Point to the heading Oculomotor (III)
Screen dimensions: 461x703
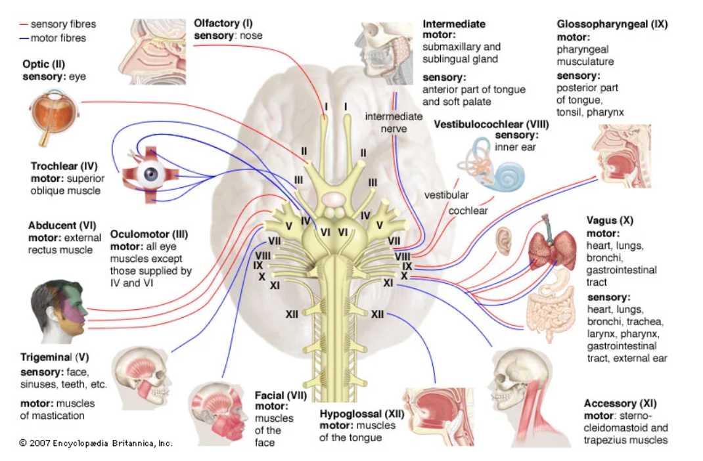(150, 234)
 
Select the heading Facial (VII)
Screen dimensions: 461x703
(281, 395)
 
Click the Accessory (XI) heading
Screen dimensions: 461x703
(620, 403)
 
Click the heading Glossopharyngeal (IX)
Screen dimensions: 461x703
(612, 25)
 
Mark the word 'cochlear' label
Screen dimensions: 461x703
(468, 211)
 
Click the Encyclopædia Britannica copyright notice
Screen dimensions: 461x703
(96, 443)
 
